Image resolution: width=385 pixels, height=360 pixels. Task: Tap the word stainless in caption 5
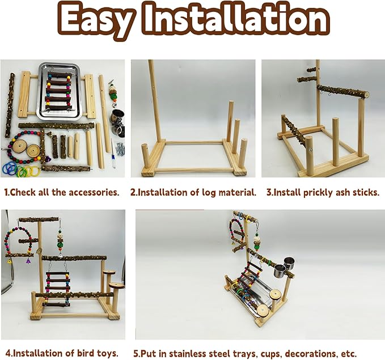(x=180, y=353)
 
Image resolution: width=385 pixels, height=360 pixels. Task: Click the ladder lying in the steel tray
(x=59, y=91)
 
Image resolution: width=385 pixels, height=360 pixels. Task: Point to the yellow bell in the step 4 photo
(x=10, y=261)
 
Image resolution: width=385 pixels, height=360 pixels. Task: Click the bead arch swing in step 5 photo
(x=236, y=230)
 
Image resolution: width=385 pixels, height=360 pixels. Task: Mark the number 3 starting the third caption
(x=269, y=192)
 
